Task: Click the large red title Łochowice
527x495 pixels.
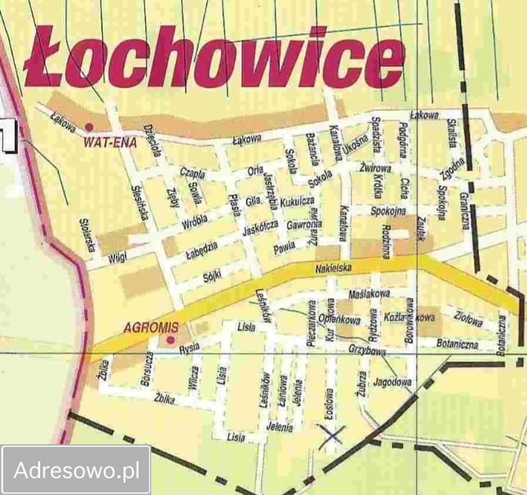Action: point(213,58)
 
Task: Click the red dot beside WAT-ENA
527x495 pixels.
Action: point(90,127)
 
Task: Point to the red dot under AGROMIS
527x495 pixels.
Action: point(170,340)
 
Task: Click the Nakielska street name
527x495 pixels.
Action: point(334,270)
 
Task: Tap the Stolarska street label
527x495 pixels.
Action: point(89,236)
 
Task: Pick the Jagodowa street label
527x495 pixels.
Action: point(391,382)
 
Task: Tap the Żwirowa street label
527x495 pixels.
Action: point(375,169)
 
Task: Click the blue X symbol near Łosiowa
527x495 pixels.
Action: point(332,435)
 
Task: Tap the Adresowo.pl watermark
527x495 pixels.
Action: point(76,469)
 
